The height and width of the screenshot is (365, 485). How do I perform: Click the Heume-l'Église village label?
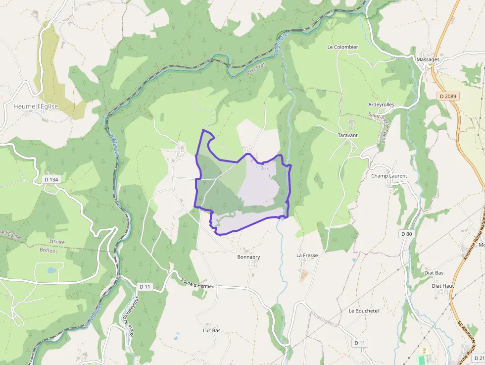36,106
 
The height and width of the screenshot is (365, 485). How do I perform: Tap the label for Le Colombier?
342,47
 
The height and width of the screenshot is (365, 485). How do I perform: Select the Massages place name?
428,59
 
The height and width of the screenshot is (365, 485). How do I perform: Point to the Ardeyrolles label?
381,104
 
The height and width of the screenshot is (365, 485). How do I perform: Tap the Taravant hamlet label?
347,135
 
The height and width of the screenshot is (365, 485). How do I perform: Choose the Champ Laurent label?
389,176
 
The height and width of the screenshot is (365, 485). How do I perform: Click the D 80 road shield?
406,233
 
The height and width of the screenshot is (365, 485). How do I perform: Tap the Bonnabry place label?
248,257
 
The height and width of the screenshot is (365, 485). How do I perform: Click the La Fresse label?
307,255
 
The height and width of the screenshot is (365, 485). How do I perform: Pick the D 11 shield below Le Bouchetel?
360,343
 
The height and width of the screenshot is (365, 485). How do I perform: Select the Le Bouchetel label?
364,311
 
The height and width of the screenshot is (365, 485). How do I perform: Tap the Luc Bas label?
211,330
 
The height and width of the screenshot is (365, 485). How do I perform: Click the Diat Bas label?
434,273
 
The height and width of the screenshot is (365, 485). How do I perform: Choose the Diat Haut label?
443,286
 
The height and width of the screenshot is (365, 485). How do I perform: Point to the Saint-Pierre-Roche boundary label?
382,128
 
